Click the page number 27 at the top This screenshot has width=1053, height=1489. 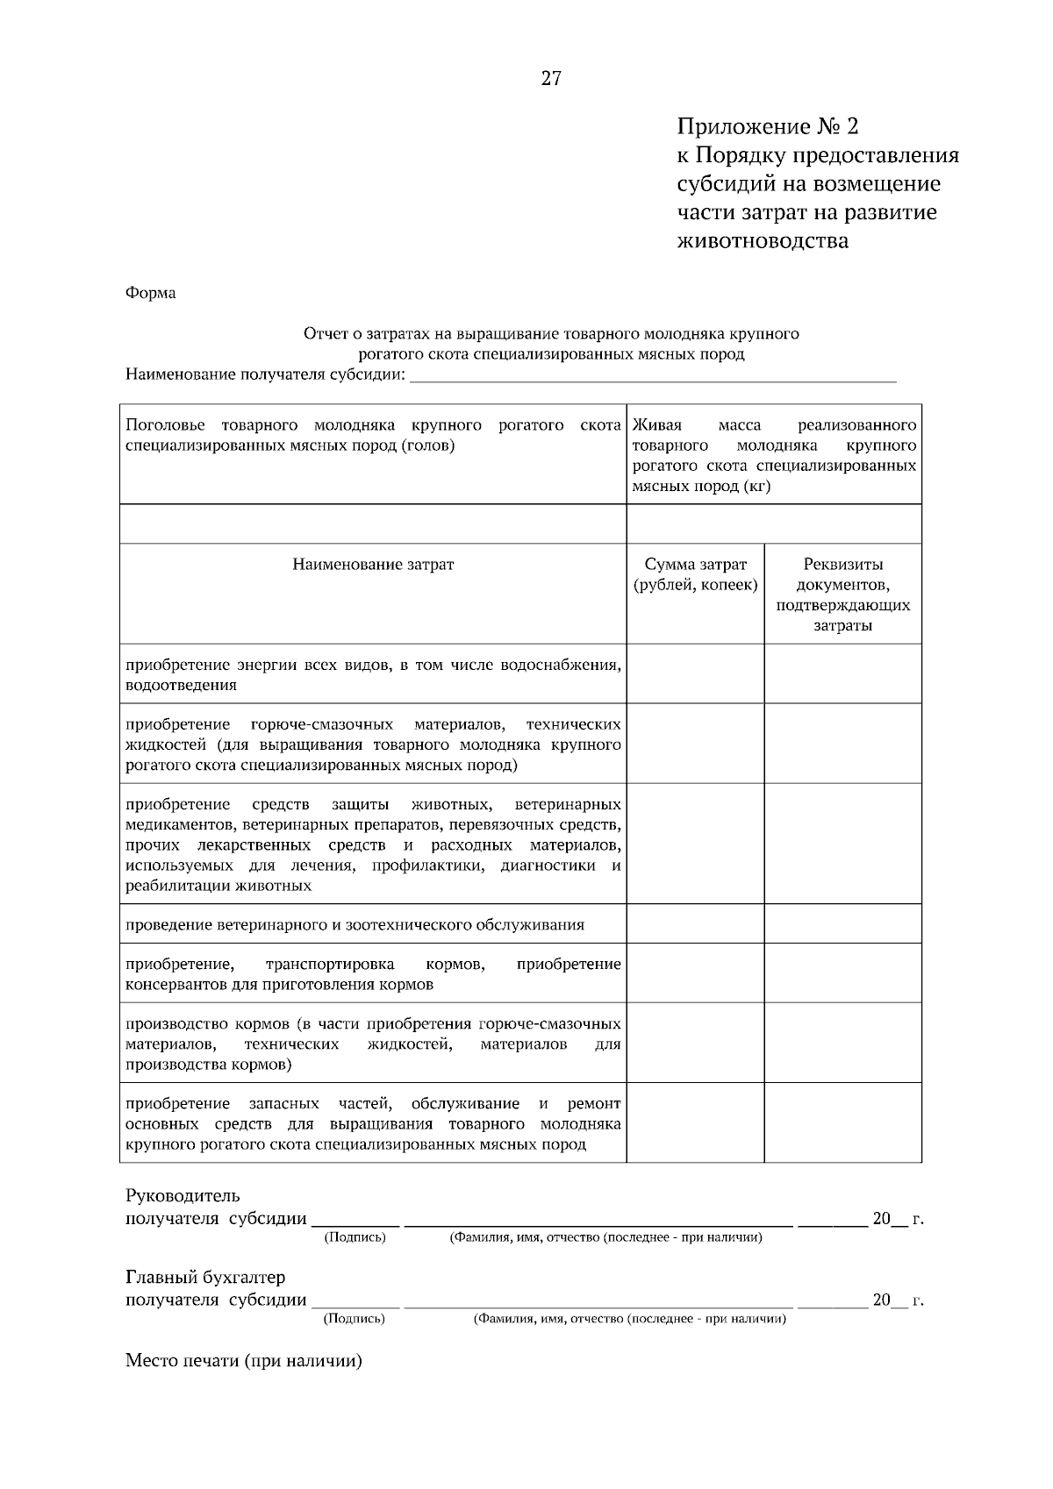551,79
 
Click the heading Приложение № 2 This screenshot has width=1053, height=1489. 767,127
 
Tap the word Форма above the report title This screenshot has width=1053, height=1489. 151,293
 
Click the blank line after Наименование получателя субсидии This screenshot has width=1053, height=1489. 654,377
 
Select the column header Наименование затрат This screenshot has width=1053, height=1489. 373,565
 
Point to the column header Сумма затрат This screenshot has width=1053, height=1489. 695,574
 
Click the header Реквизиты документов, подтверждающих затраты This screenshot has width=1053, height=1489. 842,595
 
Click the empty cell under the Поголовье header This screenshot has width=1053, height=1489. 373,524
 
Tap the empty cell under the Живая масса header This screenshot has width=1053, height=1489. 774,524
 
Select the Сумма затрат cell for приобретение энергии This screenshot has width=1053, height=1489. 695,674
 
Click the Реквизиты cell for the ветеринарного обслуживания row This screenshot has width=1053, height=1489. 842,924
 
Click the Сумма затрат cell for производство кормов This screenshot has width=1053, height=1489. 695,1044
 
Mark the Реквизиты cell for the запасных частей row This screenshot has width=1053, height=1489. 842,1123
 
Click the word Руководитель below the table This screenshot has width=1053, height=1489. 183,1196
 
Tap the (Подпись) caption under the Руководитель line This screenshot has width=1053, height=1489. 355,1237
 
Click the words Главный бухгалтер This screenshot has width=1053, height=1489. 205,1278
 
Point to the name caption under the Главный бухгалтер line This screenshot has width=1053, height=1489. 629,1319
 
